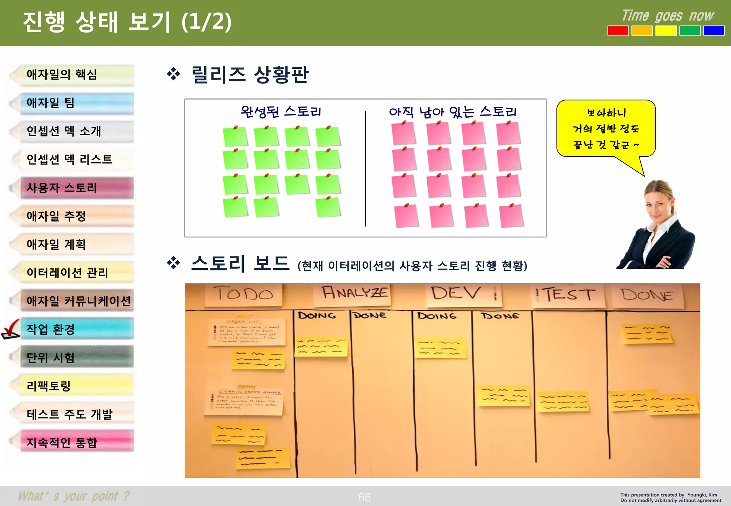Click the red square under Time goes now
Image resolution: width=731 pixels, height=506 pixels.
click(618, 31)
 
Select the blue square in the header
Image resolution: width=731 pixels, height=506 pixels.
click(714, 31)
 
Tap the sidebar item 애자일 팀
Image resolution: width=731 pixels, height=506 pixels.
click(77, 103)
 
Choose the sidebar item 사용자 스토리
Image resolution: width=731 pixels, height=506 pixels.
click(77, 188)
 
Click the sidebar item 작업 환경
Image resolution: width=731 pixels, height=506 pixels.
click(77, 329)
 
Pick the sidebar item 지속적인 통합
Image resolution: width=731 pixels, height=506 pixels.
click(77, 442)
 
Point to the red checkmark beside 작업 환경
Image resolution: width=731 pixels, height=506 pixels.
click(11, 329)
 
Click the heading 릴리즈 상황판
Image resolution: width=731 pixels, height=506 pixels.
click(249, 75)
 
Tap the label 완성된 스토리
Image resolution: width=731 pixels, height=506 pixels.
click(281, 112)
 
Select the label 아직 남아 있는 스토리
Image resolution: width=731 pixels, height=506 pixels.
click(453, 112)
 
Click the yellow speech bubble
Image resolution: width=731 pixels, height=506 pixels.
click(606, 128)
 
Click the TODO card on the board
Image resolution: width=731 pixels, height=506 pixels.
click(244, 295)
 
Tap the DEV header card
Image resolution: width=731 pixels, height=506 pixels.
click(464, 295)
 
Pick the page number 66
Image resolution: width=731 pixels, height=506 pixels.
click(364, 497)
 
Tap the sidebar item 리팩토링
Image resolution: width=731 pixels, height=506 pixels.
click(77, 386)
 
